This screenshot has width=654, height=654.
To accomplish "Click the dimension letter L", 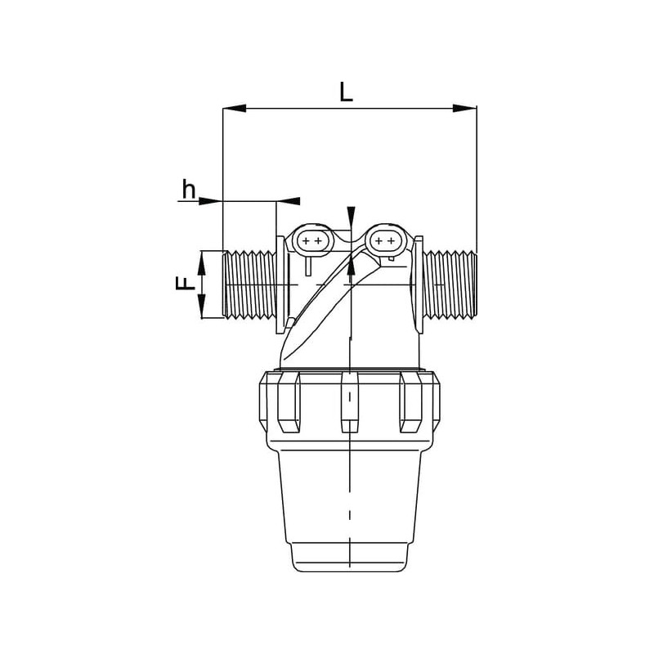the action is [346, 92].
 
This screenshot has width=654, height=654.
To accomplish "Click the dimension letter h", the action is [189, 189].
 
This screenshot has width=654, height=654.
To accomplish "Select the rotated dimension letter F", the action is [186, 284].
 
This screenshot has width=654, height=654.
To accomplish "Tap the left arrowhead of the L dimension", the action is [235, 109].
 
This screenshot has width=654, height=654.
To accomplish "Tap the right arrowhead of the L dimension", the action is [464, 109].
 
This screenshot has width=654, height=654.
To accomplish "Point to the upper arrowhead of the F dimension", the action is [201, 262].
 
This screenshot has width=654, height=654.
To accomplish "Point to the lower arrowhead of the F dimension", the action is [201, 306].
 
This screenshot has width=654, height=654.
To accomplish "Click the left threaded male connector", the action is [249, 284].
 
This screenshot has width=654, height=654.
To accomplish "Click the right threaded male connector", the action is [450, 284].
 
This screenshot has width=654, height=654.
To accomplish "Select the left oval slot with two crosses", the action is [312, 241].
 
